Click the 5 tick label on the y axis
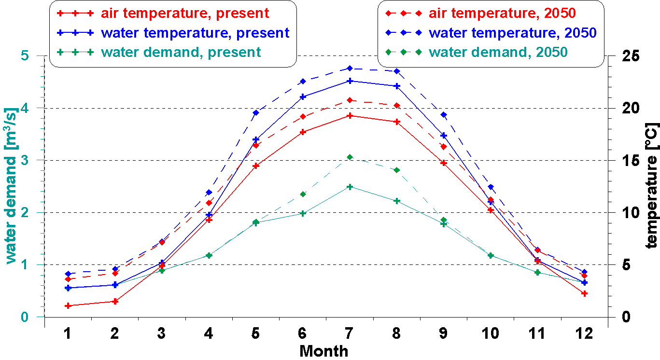point(25,56)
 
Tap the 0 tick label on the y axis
point(25,318)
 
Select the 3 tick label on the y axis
point(25,160)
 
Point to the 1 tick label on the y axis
point(25,265)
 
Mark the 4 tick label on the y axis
point(25,108)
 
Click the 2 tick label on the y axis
point(25,213)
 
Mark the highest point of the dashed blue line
point(350,69)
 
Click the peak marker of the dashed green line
point(350,157)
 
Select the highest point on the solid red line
point(350,116)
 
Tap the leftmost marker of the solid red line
point(68,305)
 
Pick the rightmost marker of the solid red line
point(584,293)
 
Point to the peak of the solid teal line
point(350,187)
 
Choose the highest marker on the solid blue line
point(350,81)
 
